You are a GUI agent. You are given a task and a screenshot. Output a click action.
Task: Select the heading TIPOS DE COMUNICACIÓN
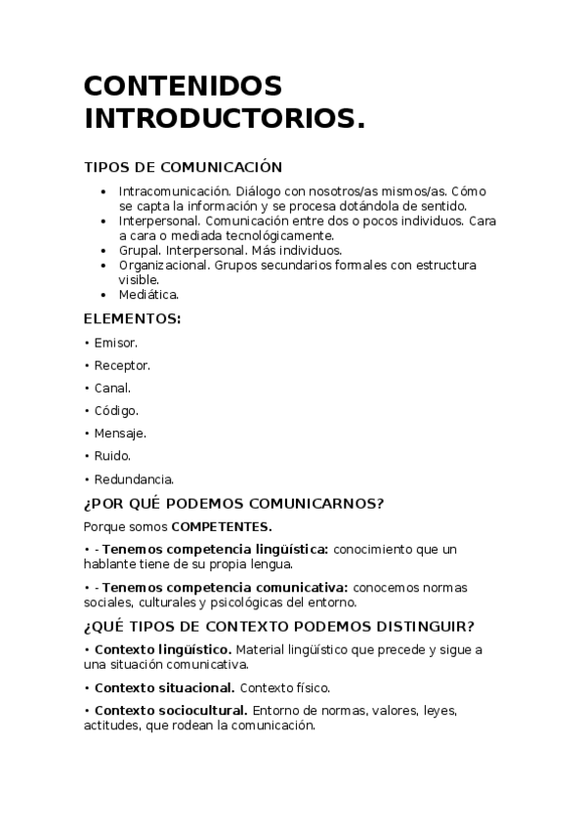click(x=183, y=167)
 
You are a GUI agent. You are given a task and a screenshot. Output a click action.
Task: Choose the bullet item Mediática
click(x=148, y=294)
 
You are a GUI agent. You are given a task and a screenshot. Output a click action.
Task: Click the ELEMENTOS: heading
click(x=132, y=318)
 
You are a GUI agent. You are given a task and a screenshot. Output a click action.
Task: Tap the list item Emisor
click(x=115, y=343)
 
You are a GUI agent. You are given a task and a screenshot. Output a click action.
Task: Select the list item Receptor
click(x=121, y=365)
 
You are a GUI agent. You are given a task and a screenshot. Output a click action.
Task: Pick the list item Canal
click(x=112, y=388)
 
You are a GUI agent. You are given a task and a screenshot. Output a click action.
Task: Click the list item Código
click(x=116, y=410)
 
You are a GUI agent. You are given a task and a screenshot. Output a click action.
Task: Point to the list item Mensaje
click(x=120, y=433)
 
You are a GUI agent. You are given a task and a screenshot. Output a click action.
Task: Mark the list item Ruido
click(x=112, y=455)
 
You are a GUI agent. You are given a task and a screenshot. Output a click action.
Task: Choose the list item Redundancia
click(x=134, y=478)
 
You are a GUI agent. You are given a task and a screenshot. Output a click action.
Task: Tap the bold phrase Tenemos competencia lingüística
click(x=215, y=550)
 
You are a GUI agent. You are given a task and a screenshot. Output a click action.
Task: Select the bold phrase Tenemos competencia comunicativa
click(x=225, y=587)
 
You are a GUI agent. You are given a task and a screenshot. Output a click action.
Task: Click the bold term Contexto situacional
click(x=164, y=686)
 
